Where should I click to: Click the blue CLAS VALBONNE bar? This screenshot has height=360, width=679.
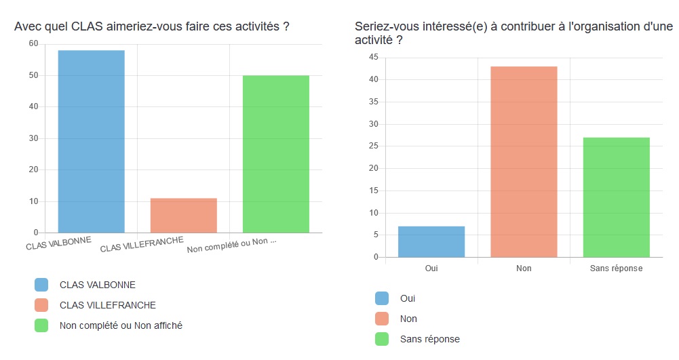click(x=92, y=142)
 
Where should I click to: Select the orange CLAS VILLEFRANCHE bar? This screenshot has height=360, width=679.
click(x=183, y=216)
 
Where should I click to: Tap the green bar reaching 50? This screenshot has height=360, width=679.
click(x=275, y=154)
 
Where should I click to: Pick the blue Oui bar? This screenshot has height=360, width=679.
click(x=431, y=242)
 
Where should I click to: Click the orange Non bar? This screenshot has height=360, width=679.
click(x=524, y=162)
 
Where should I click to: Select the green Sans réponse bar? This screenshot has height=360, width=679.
click(x=616, y=197)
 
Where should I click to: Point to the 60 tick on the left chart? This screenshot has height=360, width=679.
click(x=33, y=43)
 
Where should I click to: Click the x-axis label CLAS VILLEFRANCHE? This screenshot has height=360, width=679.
click(x=141, y=245)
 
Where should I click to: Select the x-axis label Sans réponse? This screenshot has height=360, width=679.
click(x=616, y=268)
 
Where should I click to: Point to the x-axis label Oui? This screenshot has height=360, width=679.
click(x=431, y=268)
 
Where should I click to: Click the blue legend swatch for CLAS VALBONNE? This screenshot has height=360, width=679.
click(x=41, y=285)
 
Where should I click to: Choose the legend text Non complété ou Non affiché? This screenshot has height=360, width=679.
click(x=121, y=325)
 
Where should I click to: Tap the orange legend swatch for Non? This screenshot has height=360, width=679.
click(x=382, y=319)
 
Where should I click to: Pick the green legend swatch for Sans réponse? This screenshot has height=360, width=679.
click(x=382, y=339)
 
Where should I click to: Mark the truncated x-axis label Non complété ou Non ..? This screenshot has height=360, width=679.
click(x=231, y=245)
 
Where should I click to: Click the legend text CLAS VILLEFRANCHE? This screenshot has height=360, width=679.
click(x=108, y=305)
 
